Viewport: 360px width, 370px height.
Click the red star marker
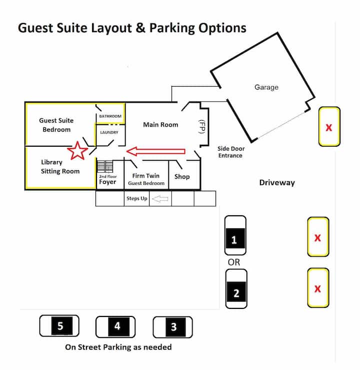[77, 150]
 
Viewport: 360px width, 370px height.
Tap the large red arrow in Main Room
[155, 151]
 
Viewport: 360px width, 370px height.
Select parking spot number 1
[234, 235]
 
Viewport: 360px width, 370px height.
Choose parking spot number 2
[236, 289]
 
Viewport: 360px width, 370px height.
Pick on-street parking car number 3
[172, 327]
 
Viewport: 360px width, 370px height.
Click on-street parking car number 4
[116, 326]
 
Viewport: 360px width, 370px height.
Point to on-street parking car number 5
[59, 326]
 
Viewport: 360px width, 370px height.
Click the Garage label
[266, 87]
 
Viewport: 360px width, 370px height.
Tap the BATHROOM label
[110, 116]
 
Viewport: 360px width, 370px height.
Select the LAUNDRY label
[109, 132]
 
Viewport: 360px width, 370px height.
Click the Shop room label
[182, 176]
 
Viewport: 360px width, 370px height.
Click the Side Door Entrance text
[230, 152]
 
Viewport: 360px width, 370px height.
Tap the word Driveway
[276, 182]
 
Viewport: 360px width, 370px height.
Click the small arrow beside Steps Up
[159, 199]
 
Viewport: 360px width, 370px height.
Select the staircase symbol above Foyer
[105, 166]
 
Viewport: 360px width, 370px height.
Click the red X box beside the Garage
[329, 127]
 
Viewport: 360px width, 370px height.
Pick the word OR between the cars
[234, 262]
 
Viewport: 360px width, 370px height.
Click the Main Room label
[160, 124]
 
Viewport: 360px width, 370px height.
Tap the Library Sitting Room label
[60, 167]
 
